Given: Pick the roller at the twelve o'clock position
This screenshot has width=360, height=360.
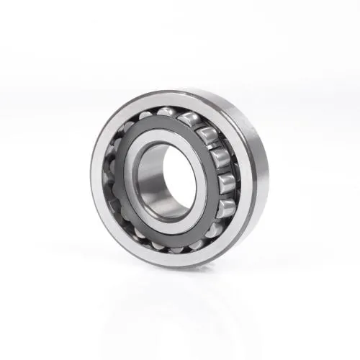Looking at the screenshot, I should (167, 112).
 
